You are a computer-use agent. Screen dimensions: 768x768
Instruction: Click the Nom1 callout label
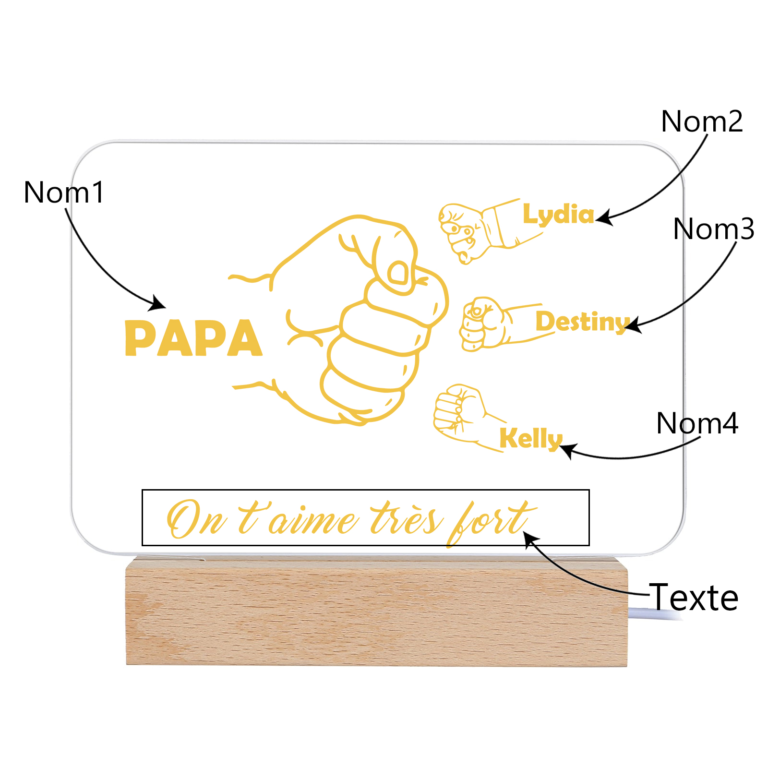[x=64, y=192]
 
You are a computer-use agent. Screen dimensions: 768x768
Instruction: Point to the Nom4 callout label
[x=697, y=423]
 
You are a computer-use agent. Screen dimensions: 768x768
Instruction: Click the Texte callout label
[x=694, y=598]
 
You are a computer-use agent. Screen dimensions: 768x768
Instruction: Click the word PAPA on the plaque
[x=193, y=338]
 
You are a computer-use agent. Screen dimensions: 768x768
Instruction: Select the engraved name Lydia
[x=558, y=215]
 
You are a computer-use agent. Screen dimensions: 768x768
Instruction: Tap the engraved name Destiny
[x=582, y=322]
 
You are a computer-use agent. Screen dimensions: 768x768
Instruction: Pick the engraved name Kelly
[x=531, y=438]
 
